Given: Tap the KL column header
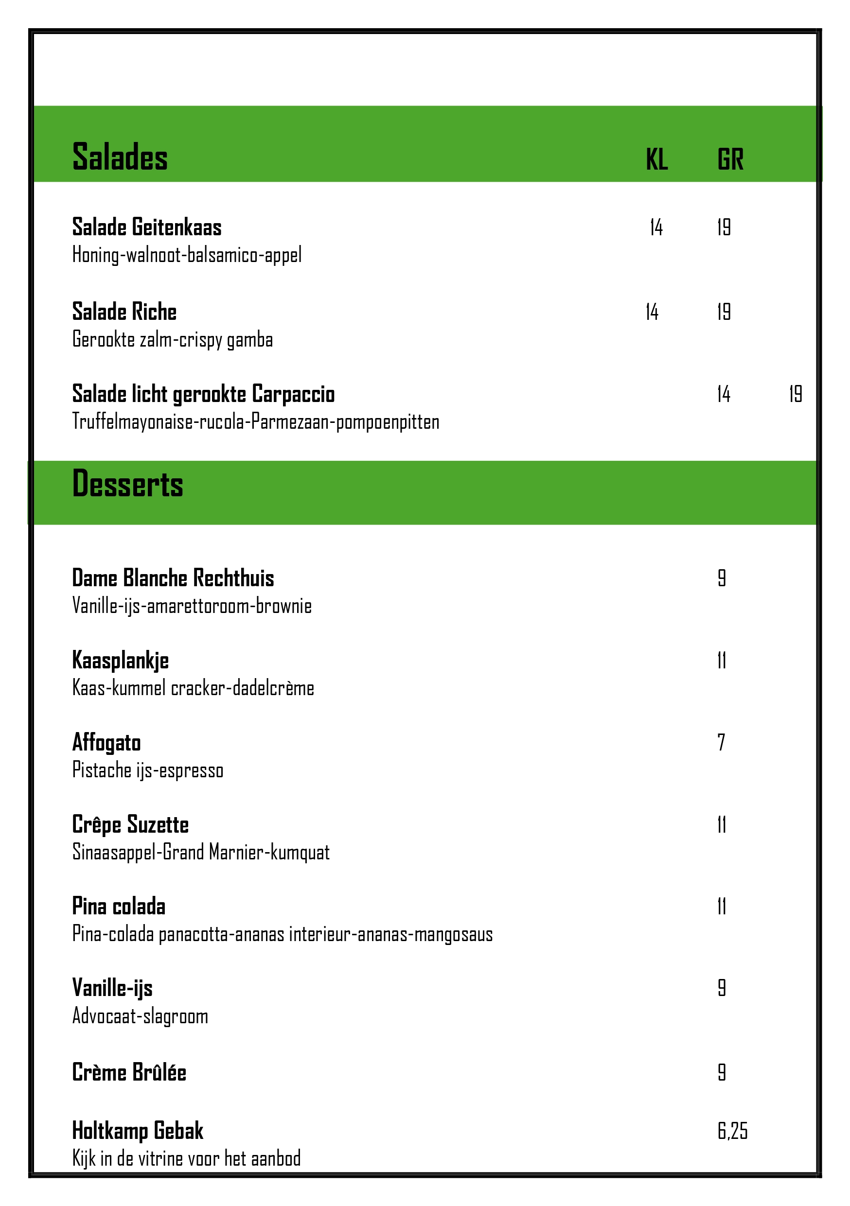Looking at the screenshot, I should (656, 159).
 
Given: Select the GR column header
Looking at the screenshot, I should (730, 159).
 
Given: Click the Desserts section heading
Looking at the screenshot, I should (128, 484).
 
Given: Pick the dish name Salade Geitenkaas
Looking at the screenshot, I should (146, 227).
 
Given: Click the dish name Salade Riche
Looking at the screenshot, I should (124, 312).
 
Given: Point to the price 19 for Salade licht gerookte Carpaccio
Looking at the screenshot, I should (796, 394).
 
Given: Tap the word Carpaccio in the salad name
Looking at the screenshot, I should (293, 394).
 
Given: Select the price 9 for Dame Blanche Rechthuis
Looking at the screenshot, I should (722, 578).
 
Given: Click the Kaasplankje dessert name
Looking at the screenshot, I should (120, 660).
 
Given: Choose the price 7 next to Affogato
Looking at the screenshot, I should (721, 742).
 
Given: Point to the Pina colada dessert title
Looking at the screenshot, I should (119, 906).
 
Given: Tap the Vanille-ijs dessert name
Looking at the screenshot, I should (112, 988).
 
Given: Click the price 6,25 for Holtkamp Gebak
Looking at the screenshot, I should (732, 1130).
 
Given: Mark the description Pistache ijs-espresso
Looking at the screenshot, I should (148, 770).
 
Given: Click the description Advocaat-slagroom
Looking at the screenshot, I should (140, 1016).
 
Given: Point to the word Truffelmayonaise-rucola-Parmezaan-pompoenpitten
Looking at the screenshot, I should (255, 422).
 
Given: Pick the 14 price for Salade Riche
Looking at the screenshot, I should (652, 312).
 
